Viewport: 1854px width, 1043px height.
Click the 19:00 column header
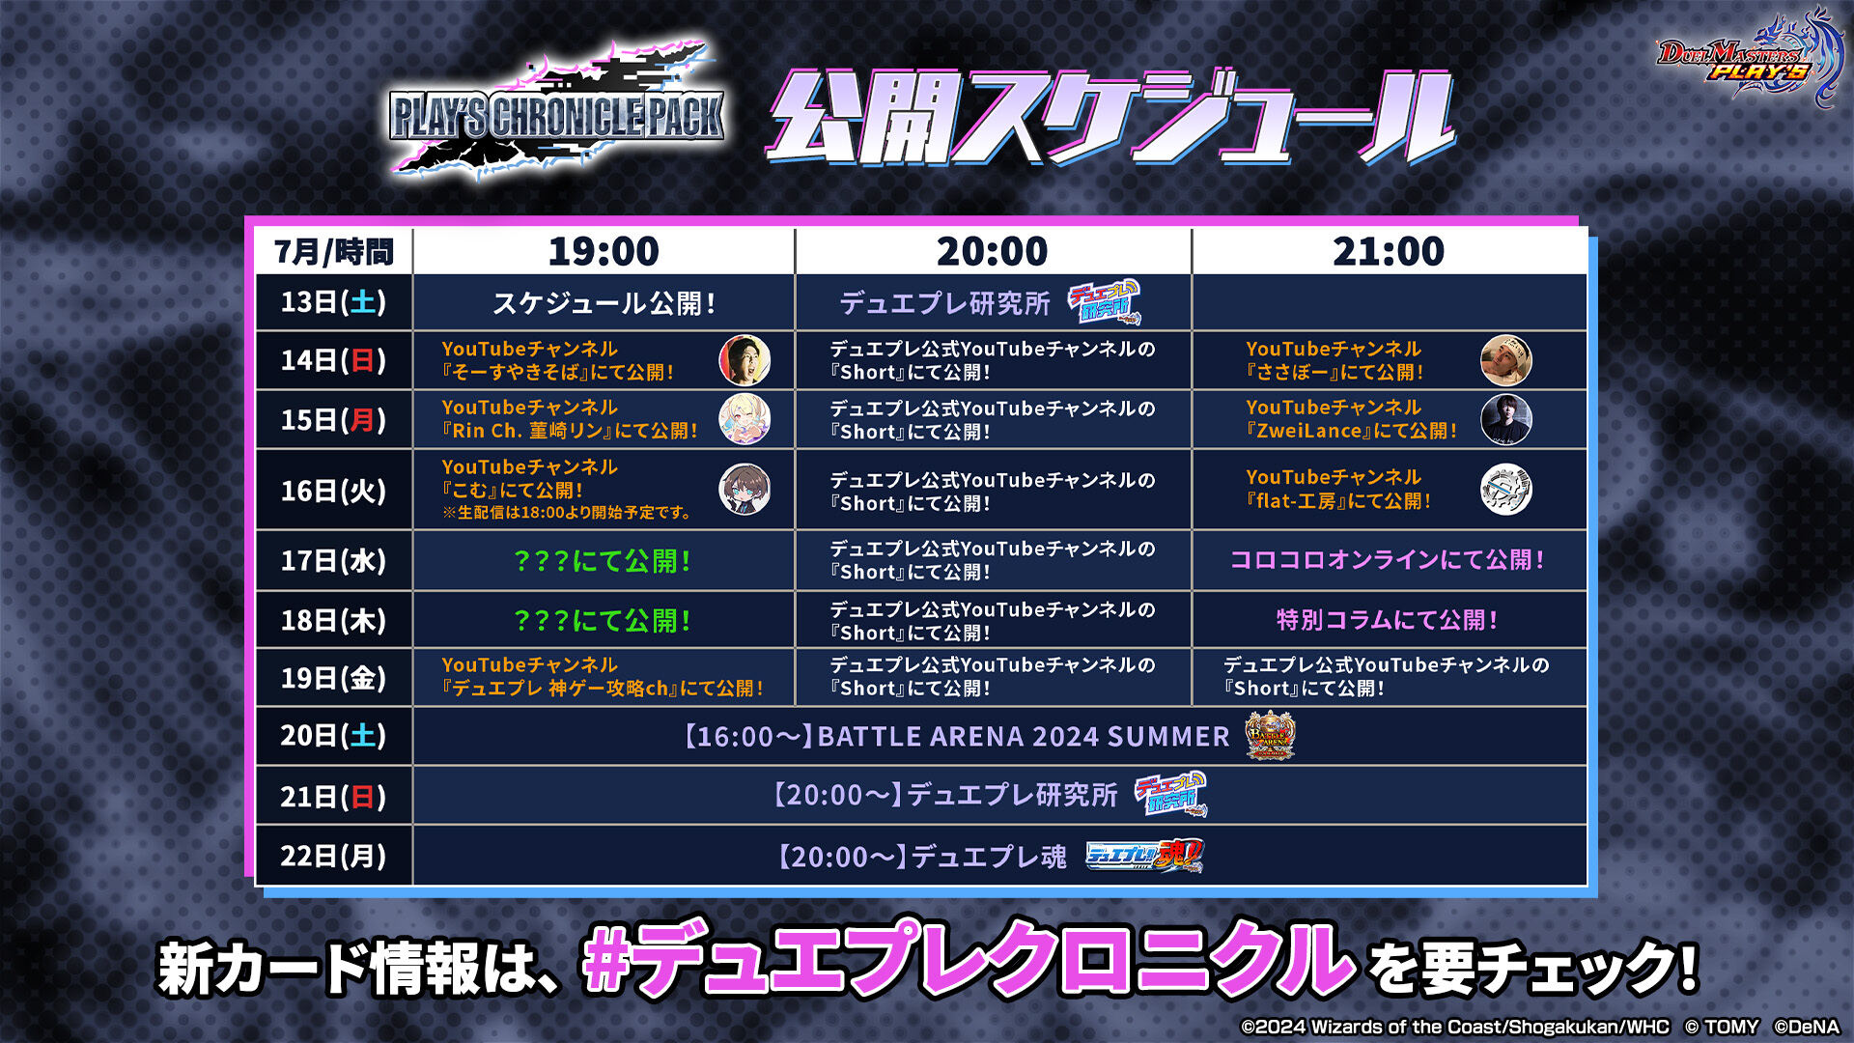tap(604, 252)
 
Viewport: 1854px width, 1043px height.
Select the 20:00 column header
tap(992, 252)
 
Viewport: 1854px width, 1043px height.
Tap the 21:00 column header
tap(1389, 252)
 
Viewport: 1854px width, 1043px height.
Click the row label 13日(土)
tap(333, 302)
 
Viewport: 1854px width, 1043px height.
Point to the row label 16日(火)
tap(333, 491)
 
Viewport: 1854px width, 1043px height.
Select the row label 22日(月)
tap(333, 856)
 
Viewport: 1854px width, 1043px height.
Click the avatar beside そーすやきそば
tap(744, 360)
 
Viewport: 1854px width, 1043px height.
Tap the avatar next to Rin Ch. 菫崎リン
tap(744, 419)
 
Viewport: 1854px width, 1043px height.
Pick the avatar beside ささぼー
tap(1506, 360)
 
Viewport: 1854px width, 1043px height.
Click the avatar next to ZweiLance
tap(1506, 419)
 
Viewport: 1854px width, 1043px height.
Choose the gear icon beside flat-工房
tap(1506, 490)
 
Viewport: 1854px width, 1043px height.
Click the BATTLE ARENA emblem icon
tap(1270, 736)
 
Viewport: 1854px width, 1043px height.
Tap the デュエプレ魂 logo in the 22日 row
tap(1145, 856)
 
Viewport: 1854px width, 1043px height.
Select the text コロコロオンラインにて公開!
tap(1387, 560)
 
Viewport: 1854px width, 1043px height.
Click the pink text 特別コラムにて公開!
tap(1387, 620)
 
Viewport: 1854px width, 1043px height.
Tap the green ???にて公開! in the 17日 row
tap(603, 561)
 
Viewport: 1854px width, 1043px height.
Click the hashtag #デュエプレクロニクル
tap(969, 961)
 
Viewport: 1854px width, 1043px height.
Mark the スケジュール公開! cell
tap(604, 303)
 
